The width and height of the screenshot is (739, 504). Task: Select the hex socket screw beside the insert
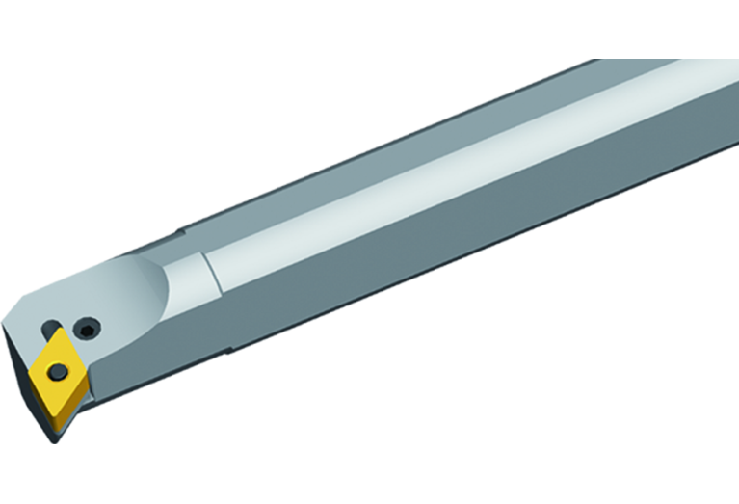click(x=88, y=330)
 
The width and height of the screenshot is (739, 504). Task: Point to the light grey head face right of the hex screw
click(x=120, y=332)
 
